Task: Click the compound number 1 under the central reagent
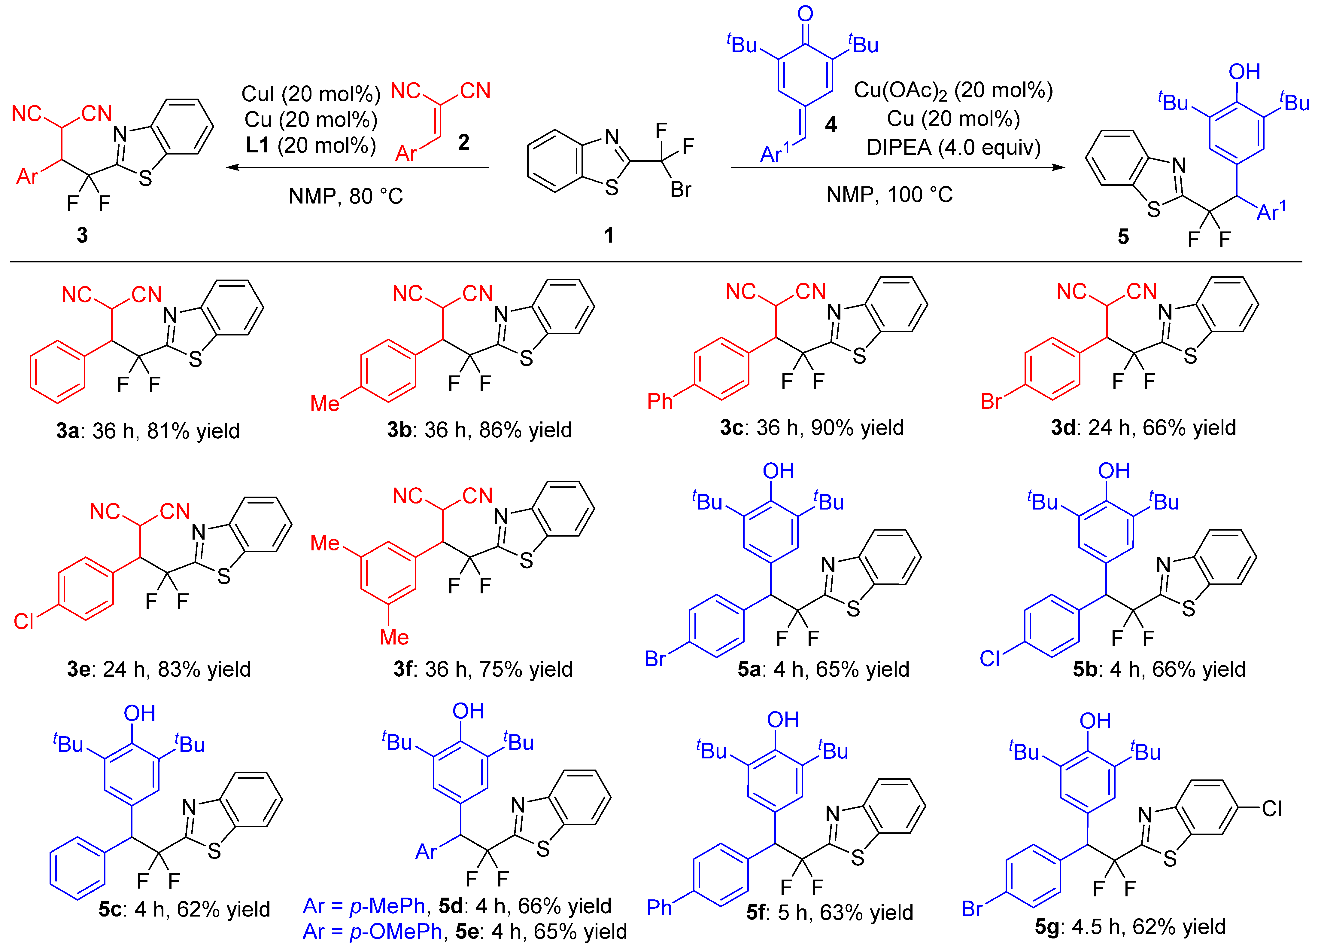(x=609, y=235)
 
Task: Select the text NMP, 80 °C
(x=346, y=196)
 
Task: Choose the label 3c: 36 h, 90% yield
(x=812, y=428)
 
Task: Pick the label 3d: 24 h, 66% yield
(x=1143, y=428)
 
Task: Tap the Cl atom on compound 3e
(x=24, y=621)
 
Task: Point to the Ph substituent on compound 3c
(x=660, y=401)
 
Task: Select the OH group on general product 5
(x=1244, y=72)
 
